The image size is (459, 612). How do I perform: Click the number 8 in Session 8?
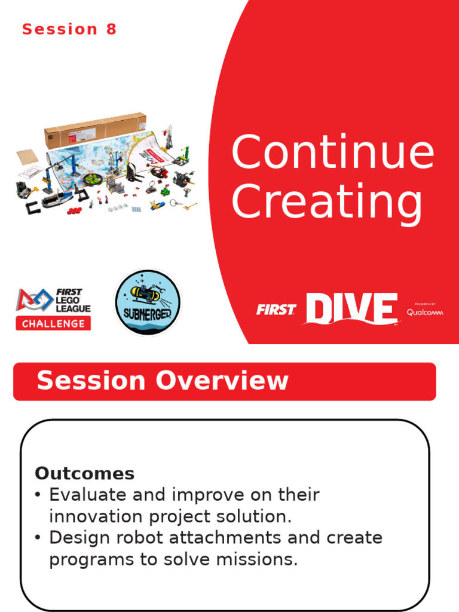(111, 29)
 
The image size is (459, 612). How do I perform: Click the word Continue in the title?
(332, 153)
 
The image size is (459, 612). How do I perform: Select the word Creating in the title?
(327, 203)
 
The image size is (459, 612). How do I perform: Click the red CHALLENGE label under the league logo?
(54, 324)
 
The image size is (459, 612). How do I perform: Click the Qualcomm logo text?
(425, 312)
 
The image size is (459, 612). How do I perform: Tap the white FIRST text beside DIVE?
(276, 310)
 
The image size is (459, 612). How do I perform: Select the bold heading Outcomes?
(84, 473)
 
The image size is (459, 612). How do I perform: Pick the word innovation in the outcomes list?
(96, 516)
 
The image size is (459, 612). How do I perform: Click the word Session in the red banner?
(91, 381)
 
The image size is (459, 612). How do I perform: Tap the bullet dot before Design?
(38, 538)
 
